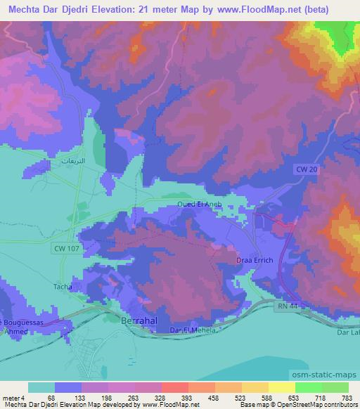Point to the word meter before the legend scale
[x=11, y=398]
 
